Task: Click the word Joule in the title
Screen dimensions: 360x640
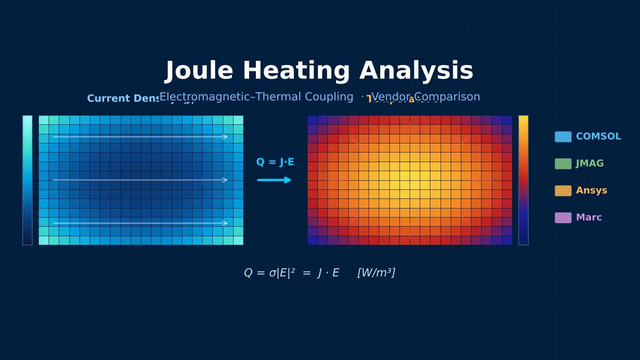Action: pyautogui.click(x=199, y=71)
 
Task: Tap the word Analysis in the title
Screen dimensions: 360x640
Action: pyautogui.click(x=416, y=71)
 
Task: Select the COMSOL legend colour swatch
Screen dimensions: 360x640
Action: pyautogui.click(x=563, y=137)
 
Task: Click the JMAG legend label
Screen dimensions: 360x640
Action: pyautogui.click(x=589, y=164)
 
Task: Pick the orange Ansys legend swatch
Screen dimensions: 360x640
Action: pyautogui.click(x=563, y=191)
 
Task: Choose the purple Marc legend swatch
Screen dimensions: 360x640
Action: pyautogui.click(x=563, y=218)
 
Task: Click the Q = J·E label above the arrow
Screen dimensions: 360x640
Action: pyautogui.click(x=275, y=162)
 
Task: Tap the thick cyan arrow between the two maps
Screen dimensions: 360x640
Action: pyautogui.click(x=274, y=180)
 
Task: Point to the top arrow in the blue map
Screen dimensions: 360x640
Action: pyautogui.click(x=140, y=137)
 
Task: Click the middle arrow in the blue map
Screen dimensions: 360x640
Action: pyautogui.click(x=140, y=180)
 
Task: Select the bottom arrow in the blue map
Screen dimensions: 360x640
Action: pyautogui.click(x=140, y=223)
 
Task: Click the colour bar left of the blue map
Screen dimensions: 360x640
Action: pyautogui.click(x=27, y=180)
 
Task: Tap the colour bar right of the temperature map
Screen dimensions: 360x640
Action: pyautogui.click(x=523, y=180)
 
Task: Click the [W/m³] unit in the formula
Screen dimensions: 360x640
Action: pyautogui.click(x=376, y=273)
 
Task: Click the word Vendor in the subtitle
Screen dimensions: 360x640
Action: pyautogui.click(x=391, y=97)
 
